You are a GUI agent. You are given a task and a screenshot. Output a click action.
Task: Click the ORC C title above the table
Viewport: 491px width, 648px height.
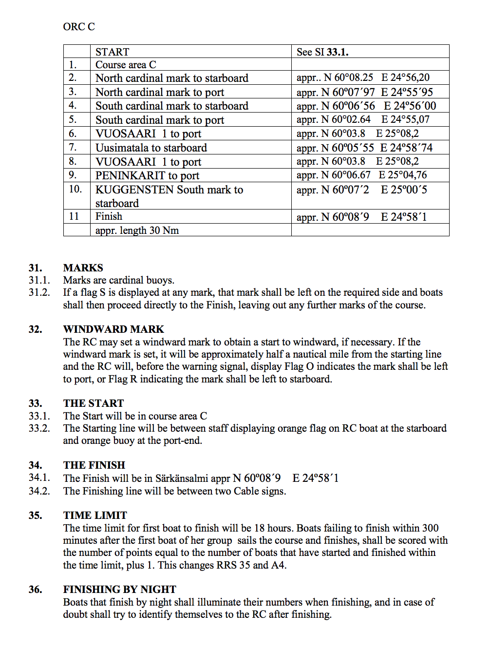click(79, 27)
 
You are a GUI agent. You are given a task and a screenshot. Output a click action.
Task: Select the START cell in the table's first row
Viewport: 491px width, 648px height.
click(112, 52)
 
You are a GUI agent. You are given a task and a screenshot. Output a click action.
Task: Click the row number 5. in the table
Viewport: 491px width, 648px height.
click(73, 120)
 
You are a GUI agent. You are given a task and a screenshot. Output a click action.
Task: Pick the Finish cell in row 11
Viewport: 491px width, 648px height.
click(109, 216)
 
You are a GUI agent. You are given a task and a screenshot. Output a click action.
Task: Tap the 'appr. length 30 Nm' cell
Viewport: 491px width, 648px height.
click(137, 230)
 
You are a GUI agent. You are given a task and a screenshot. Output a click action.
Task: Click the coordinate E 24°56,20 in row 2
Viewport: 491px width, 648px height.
click(405, 78)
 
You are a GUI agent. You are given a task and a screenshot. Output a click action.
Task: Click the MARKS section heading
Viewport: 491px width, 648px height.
click(83, 268)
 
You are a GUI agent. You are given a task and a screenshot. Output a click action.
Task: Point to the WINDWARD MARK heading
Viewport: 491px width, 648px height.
click(113, 329)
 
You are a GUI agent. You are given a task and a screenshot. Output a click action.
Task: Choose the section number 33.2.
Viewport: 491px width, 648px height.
click(39, 428)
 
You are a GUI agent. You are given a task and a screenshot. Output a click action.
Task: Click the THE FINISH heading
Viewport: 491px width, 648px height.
click(94, 465)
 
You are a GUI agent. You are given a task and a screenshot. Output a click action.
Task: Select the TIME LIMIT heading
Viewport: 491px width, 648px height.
click(95, 515)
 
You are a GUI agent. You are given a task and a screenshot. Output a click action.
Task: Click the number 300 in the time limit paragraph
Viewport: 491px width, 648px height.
click(430, 528)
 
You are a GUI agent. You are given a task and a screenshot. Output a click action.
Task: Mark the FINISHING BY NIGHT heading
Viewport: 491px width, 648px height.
click(119, 590)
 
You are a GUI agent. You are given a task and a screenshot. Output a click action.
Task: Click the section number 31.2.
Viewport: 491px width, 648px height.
click(39, 292)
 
